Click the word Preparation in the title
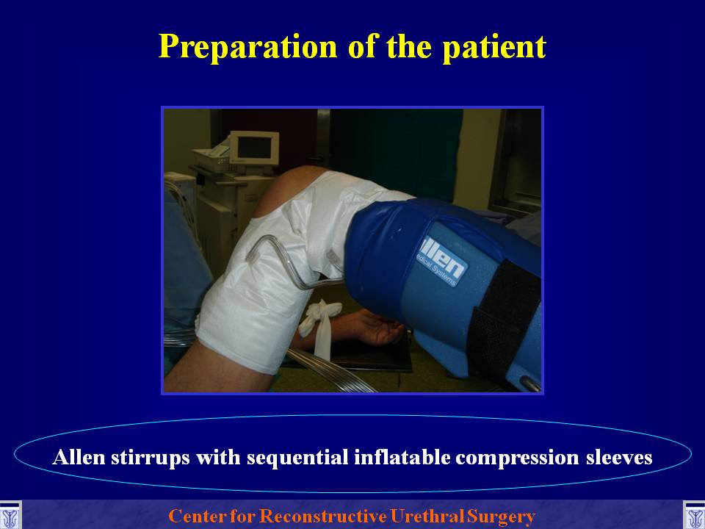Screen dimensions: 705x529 click(247, 46)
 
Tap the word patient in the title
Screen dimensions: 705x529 click(494, 46)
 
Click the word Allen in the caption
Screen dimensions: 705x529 click(79, 457)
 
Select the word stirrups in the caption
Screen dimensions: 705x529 click(150, 458)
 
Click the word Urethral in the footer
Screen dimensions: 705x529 click(427, 516)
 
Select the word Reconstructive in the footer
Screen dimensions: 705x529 click(323, 516)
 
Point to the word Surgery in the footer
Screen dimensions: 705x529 click(502, 517)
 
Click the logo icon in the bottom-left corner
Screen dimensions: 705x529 click(10, 515)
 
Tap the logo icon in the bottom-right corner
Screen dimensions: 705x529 click(694, 515)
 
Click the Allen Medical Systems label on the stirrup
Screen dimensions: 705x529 click(441, 260)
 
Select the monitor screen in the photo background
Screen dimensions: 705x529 click(255, 148)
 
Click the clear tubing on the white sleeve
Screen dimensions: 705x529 click(292, 263)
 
